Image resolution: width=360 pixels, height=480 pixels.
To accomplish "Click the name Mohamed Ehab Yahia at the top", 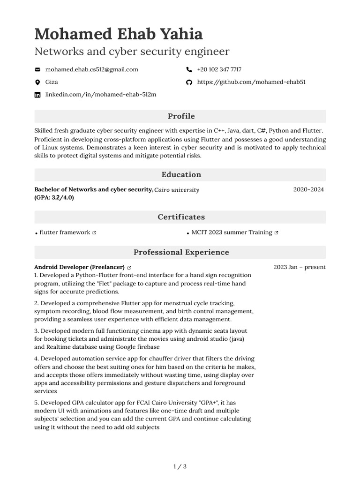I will (119, 34).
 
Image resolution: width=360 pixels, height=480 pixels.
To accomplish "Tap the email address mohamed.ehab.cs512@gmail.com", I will (91, 69).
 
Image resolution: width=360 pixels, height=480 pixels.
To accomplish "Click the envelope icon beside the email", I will (37, 69).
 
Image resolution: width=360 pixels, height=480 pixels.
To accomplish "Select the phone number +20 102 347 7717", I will (219, 69).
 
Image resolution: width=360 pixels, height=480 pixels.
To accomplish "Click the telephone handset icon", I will (189, 69).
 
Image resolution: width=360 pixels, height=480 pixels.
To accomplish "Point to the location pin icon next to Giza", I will (37, 82).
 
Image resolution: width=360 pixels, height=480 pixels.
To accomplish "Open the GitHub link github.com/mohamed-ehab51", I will (251, 82).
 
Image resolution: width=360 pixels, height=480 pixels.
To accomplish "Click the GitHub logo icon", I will (189, 82).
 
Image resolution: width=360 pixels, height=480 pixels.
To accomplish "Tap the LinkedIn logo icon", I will (37, 95).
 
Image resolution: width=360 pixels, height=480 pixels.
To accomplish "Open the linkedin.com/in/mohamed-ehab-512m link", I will (100, 95).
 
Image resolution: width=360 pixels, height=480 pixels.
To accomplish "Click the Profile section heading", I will (181, 116).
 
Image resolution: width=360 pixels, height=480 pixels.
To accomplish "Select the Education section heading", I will (181, 175).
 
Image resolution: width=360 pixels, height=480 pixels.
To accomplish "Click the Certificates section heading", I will (181, 217).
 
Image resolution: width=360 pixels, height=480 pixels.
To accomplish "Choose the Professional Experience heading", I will (181, 252).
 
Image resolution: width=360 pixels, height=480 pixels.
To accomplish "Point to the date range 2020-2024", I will (308, 190).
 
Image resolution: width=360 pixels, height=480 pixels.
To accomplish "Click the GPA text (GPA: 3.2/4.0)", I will (54, 197).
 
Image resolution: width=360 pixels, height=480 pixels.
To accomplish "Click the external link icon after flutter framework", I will (94, 232).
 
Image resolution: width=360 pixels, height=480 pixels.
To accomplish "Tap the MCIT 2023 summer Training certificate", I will (232, 232).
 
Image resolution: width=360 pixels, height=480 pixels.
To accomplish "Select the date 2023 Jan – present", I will (299, 267).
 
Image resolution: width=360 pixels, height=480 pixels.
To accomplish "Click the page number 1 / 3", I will (180, 466).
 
